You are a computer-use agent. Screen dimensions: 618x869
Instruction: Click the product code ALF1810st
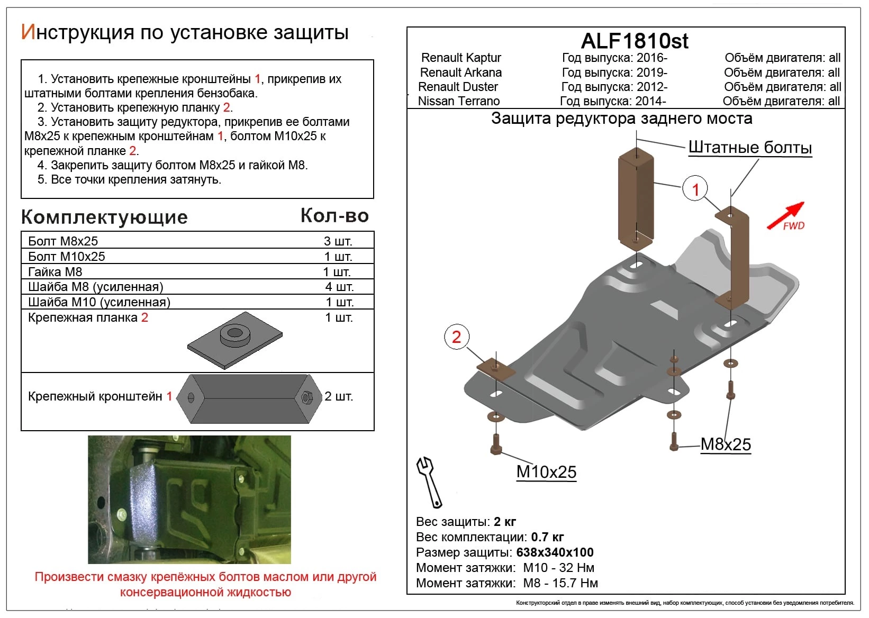(x=635, y=41)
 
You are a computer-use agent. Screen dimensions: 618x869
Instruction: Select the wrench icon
(x=429, y=481)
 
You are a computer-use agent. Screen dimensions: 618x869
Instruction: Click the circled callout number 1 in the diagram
(x=695, y=189)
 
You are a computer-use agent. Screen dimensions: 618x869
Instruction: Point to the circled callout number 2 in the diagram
(x=456, y=337)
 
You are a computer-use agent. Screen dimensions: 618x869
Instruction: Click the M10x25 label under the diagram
(x=546, y=471)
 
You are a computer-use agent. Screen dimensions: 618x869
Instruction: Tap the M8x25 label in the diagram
(x=726, y=444)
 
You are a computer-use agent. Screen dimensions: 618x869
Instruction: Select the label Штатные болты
(x=750, y=148)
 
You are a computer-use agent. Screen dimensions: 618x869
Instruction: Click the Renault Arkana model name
(x=460, y=72)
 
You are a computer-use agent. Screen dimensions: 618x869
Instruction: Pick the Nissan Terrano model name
(x=458, y=101)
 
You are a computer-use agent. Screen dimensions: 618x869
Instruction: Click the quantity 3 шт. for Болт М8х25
(x=338, y=241)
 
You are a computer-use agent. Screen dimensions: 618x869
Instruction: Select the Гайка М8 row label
(x=55, y=272)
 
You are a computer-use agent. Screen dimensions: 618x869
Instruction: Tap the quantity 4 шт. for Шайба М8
(x=339, y=287)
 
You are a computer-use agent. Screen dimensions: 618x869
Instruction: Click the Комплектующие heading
(x=104, y=217)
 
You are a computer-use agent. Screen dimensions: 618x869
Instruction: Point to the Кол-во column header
(x=334, y=215)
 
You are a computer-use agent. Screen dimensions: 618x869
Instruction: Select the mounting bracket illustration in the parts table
(x=249, y=398)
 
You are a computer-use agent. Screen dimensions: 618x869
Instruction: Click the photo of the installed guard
(x=189, y=499)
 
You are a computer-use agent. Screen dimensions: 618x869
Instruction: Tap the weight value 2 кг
(x=505, y=522)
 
